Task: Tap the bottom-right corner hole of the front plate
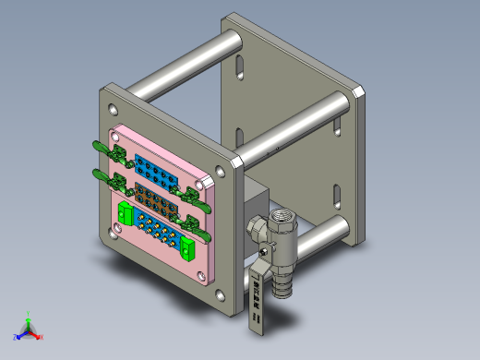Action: click(x=219, y=296)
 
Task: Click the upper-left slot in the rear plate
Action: click(x=239, y=70)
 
